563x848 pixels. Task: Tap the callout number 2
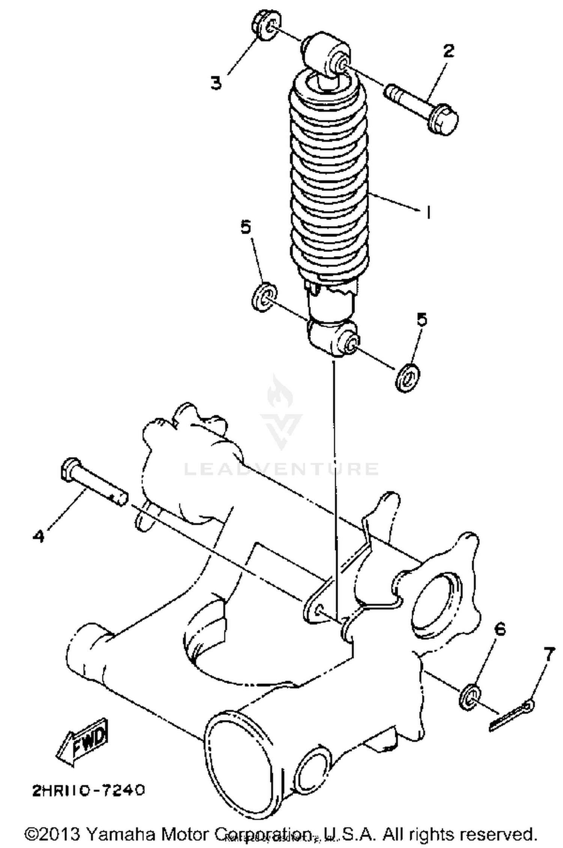(448, 51)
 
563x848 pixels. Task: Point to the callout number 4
(38, 535)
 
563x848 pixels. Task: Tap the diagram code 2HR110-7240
(89, 791)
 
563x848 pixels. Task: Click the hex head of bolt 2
(444, 119)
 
